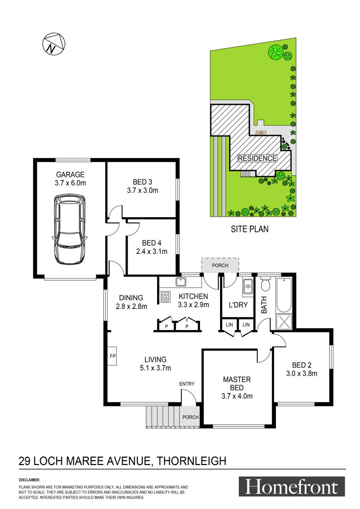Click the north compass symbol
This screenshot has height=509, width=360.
tap(54, 44)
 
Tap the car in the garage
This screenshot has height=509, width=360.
tap(69, 229)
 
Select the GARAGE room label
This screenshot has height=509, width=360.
tap(70, 175)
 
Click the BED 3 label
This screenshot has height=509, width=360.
tap(142, 182)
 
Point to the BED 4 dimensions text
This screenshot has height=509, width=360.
tap(152, 251)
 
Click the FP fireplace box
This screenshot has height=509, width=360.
tap(112, 356)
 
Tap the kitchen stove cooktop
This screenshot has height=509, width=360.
tap(164, 296)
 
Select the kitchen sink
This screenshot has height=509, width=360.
tap(180, 282)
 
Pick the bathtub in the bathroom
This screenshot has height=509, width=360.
tap(284, 295)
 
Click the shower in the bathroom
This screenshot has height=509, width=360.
tap(284, 322)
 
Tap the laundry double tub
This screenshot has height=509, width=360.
tap(247, 287)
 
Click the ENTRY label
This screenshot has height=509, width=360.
tap(187, 384)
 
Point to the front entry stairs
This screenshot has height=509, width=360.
tap(162, 416)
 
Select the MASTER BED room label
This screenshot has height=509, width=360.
tap(237, 383)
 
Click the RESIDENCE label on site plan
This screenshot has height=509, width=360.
tap(257, 158)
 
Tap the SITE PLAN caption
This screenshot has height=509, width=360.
tap(249, 229)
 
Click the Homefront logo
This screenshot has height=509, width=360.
tap(292, 487)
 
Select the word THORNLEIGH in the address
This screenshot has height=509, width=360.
tap(192, 461)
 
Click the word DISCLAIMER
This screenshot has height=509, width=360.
tap(29, 480)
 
